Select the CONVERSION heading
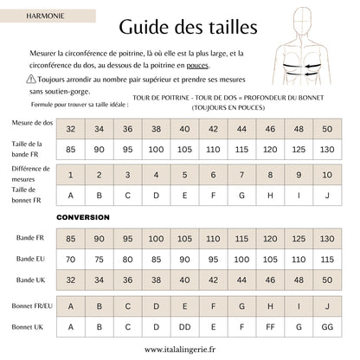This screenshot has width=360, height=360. point(85,216)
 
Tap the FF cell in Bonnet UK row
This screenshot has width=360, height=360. point(271,327)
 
